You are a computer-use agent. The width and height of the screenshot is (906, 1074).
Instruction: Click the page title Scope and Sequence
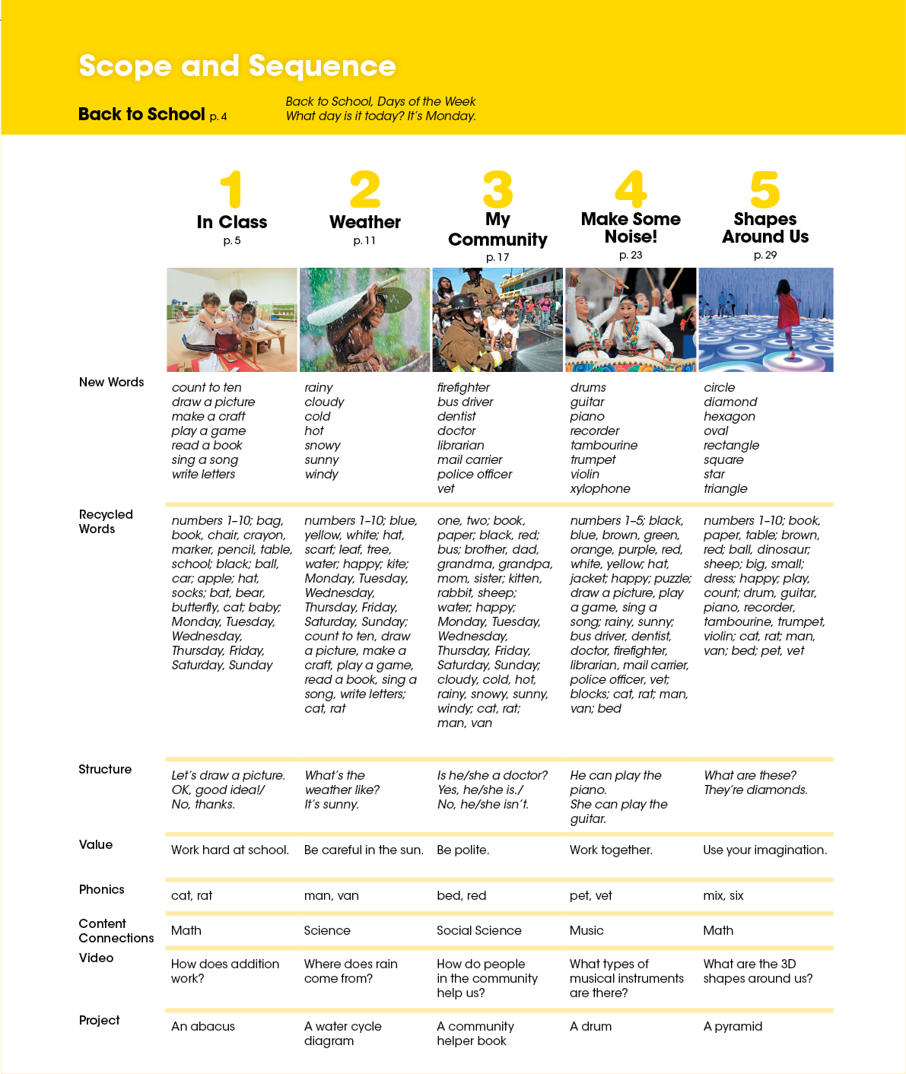(237, 66)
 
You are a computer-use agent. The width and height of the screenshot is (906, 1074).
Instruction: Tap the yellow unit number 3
(498, 190)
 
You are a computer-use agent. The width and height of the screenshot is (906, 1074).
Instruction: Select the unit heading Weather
(365, 222)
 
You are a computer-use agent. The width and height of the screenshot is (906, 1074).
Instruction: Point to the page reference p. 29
(765, 255)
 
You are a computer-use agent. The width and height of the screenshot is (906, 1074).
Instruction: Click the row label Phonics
(101, 889)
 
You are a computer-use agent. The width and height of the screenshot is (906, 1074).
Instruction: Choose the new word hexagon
(730, 416)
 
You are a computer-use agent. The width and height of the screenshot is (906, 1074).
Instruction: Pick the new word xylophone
(600, 488)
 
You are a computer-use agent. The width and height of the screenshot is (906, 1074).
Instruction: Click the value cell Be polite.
(463, 850)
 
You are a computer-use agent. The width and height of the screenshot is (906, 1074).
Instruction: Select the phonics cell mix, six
(723, 895)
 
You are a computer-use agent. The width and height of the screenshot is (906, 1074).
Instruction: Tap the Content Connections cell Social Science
(479, 930)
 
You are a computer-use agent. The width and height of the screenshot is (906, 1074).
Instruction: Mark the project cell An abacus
(203, 1026)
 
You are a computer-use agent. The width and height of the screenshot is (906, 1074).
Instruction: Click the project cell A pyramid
(733, 1026)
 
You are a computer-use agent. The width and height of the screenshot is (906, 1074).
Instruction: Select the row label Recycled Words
(106, 521)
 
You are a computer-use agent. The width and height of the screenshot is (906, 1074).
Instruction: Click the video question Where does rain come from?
(351, 971)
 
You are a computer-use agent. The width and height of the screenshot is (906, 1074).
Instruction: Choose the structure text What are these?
(750, 775)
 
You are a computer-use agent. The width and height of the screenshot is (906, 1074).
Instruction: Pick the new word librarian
(461, 445)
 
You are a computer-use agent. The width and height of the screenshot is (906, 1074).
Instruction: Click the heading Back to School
(141, 114)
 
